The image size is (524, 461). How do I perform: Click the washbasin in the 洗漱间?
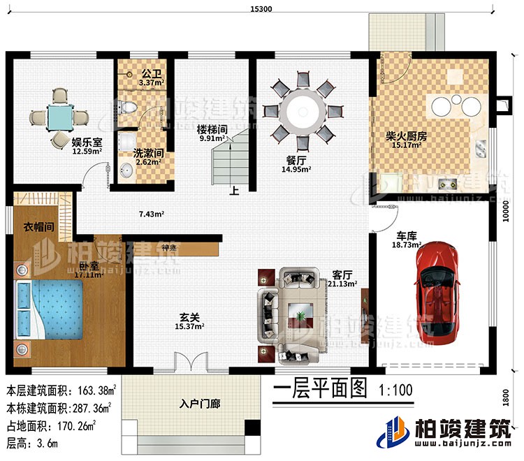(128, 170)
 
